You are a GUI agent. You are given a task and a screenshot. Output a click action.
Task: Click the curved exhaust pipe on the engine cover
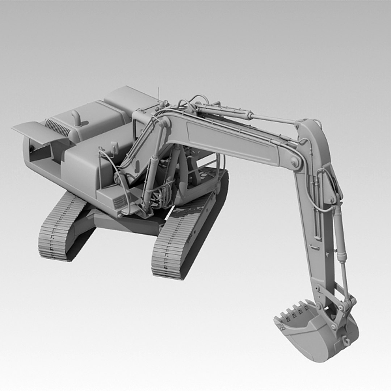click(76, 118)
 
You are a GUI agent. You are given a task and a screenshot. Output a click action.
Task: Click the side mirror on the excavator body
click(115, 148)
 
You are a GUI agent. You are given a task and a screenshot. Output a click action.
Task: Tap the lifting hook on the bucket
click(346, 341)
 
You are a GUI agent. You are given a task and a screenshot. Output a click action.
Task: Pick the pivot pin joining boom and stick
click(295, 162)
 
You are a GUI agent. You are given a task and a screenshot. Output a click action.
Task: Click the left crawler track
click(60, 228)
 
